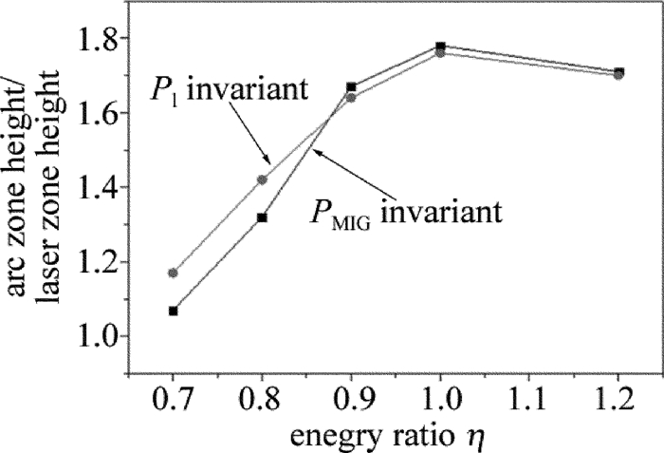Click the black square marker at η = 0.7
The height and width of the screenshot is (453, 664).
174,311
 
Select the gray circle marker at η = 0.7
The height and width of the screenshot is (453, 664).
173,273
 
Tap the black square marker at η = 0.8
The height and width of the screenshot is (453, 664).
263,217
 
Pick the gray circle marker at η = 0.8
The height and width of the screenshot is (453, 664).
262,179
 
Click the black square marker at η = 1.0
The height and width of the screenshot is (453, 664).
440,47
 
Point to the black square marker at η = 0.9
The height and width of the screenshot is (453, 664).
351,87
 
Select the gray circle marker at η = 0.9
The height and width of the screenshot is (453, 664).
351,97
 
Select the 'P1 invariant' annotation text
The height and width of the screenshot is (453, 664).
229,91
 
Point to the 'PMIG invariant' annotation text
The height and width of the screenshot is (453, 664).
404,209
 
